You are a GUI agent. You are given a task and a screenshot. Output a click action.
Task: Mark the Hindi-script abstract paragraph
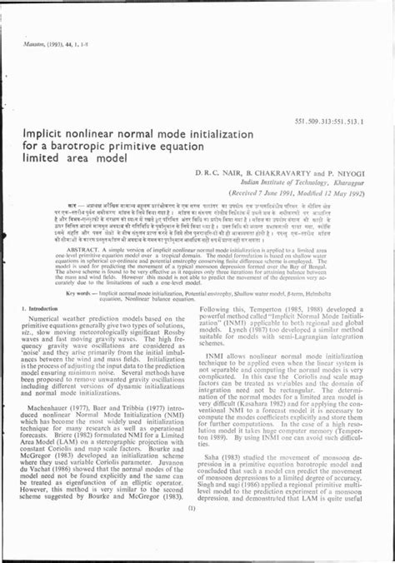click(x=197, y=226)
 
